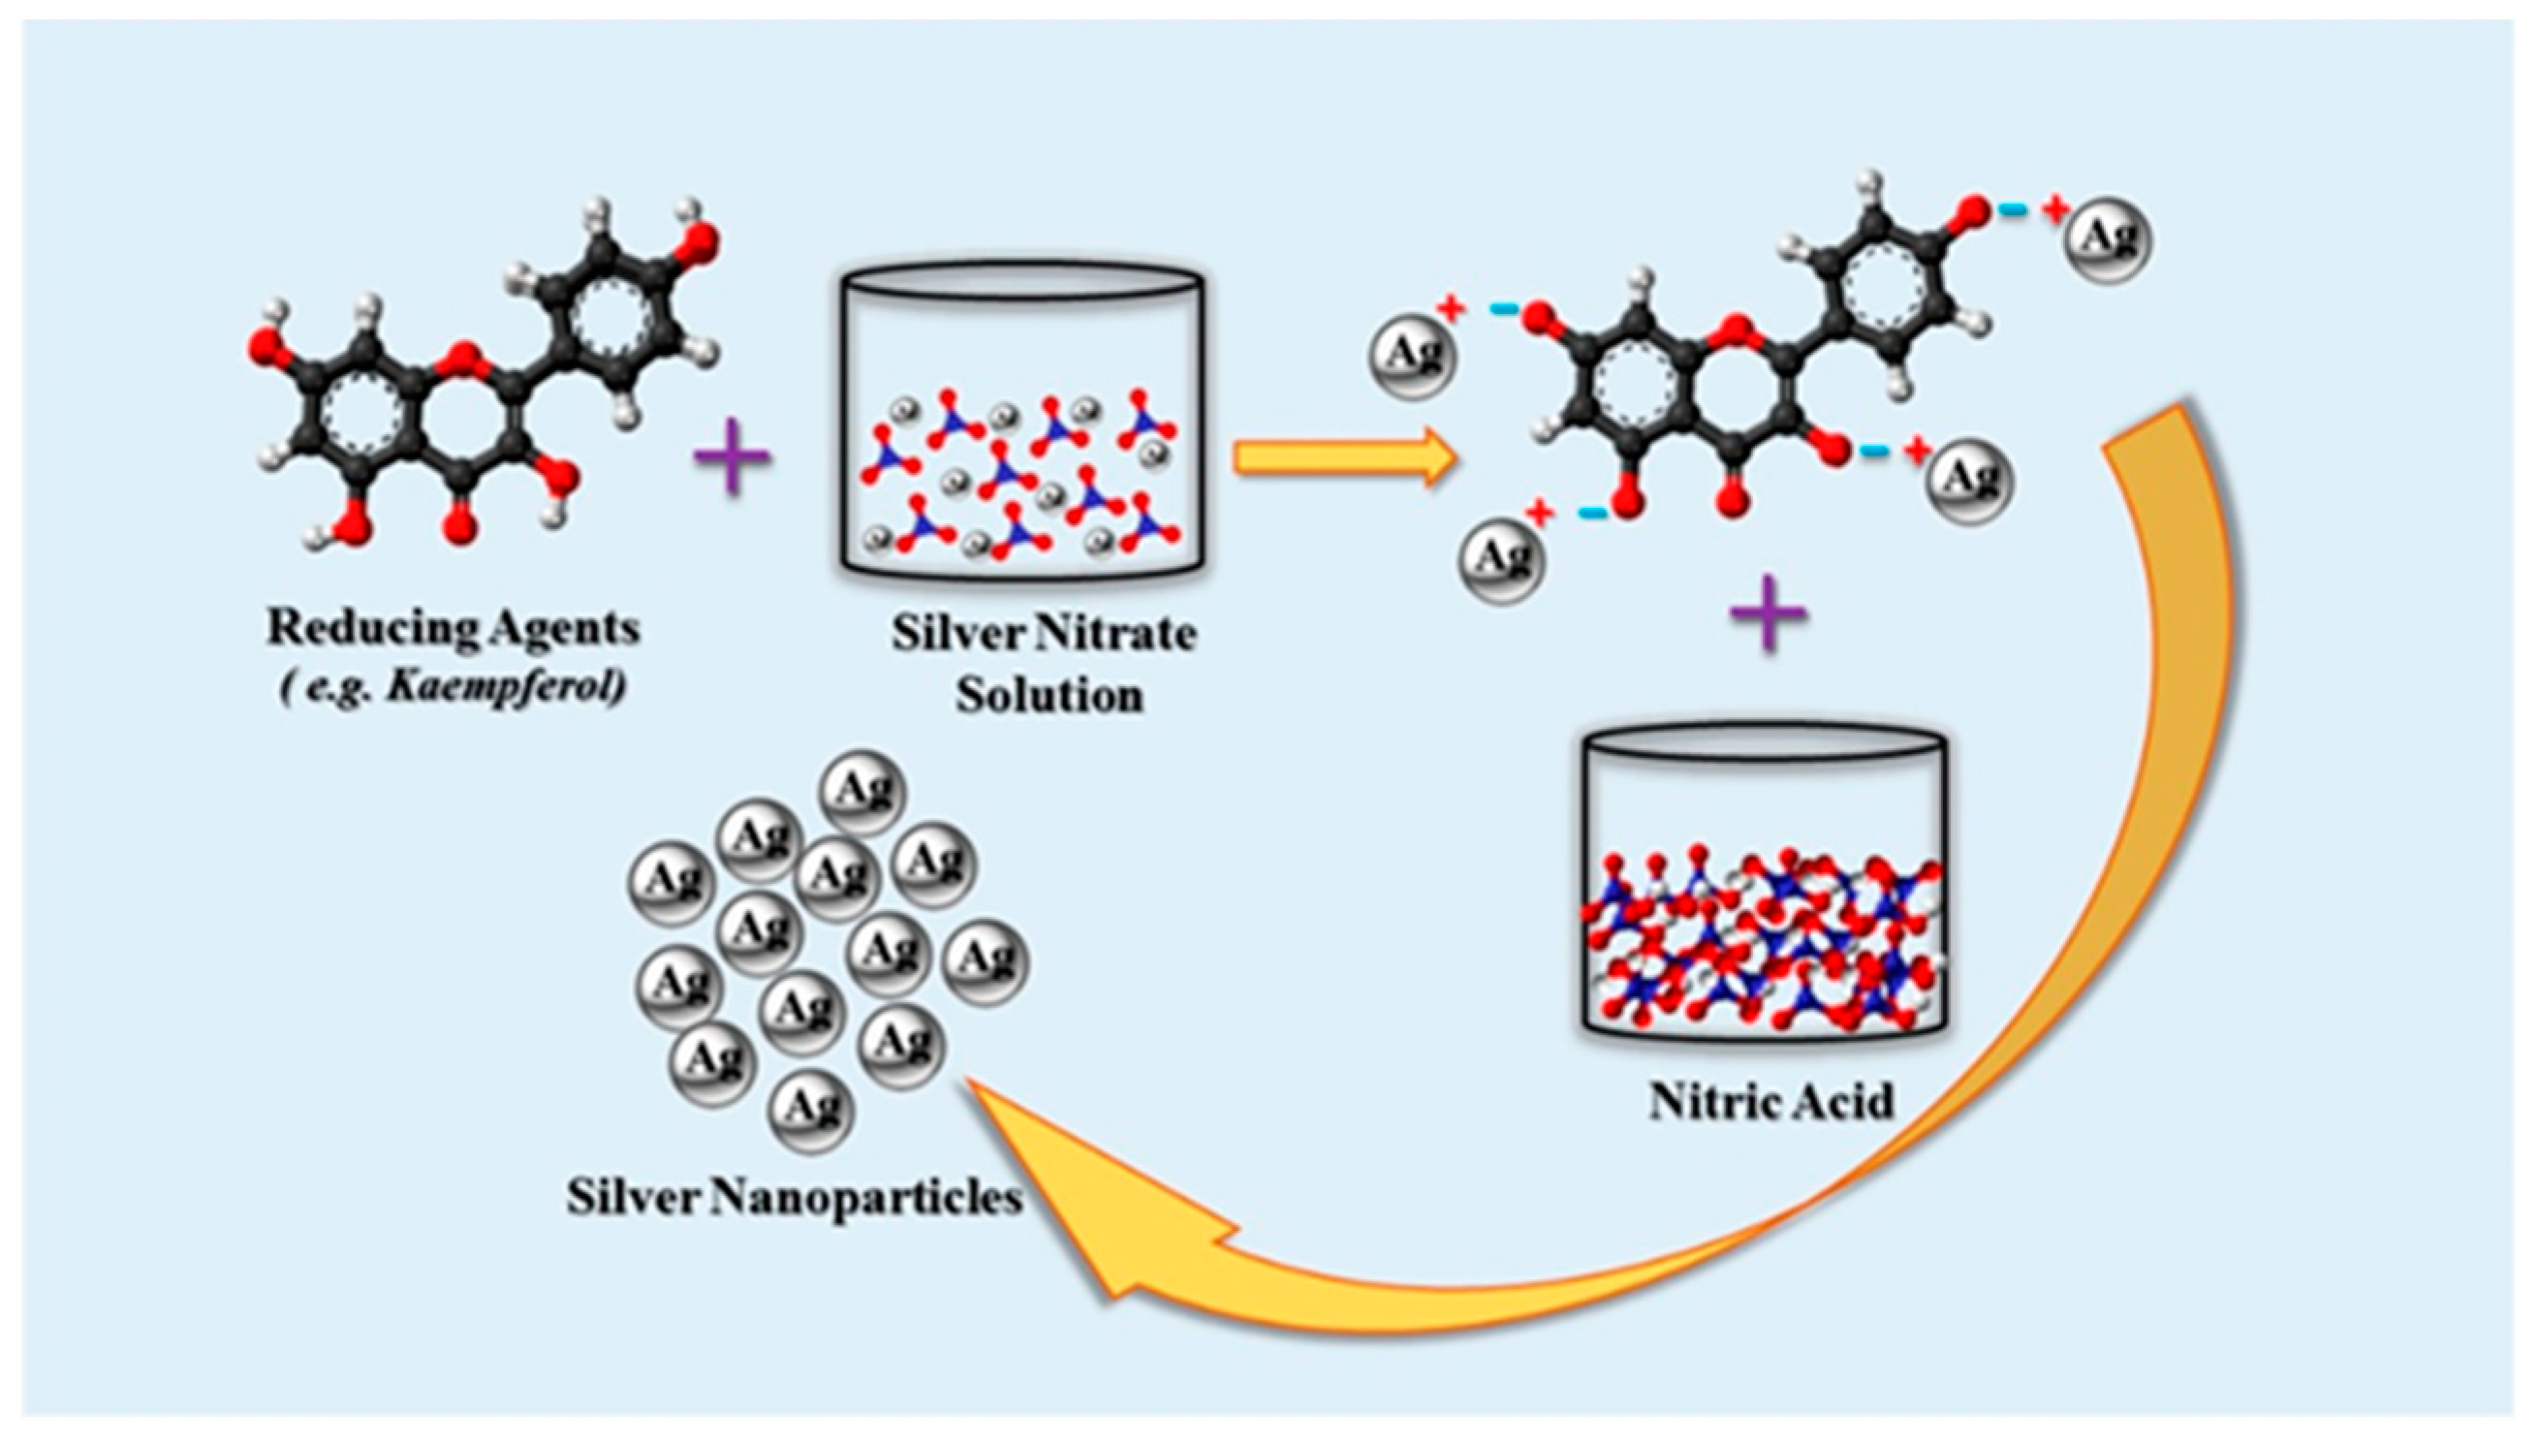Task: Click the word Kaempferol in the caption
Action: coord(506,688)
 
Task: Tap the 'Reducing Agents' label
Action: coord(454,629)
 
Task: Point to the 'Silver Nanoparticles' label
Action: coord(795,1197)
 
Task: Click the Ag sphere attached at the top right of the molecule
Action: coord(2108,239)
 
